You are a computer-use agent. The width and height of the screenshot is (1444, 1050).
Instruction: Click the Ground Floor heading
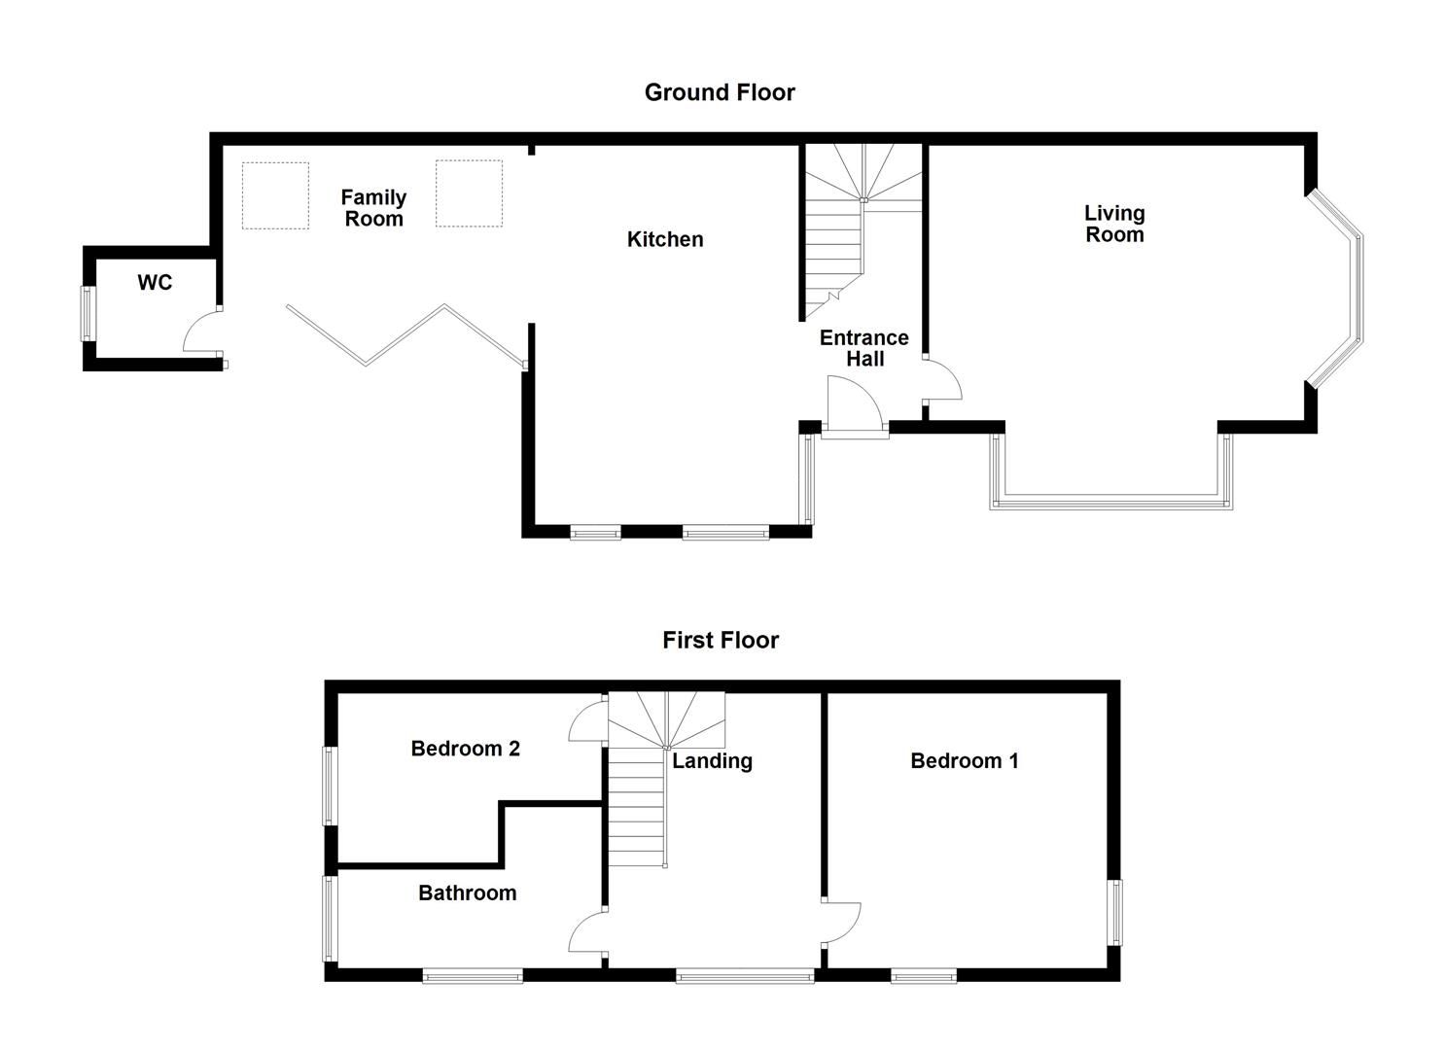point(720,92)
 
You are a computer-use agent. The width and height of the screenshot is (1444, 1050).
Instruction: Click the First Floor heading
point(721,640)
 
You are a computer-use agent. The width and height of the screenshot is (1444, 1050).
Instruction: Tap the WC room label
point(155,283)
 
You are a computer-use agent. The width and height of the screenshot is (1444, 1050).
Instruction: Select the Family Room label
point(373,208)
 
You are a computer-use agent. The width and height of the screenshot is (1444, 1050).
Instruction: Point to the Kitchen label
point(665,239)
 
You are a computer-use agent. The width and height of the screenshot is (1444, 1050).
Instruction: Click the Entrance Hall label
point(863,348)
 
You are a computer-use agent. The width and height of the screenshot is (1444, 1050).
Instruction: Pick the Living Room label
point(1114,224)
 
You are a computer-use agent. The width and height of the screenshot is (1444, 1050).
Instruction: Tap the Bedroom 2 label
point(465,749)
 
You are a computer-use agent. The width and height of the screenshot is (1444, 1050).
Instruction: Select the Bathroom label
point(467,892)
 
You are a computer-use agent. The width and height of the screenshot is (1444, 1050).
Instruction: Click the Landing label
point(712,761)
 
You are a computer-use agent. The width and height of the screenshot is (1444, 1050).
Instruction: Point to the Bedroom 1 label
point(964,761)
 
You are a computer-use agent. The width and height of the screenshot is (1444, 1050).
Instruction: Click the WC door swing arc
point(200,332)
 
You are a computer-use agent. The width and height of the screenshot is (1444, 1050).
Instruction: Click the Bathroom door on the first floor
point(586,933)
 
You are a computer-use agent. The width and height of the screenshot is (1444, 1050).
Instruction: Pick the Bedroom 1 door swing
point(842,923)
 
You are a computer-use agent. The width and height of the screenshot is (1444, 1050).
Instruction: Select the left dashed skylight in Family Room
point(275,195)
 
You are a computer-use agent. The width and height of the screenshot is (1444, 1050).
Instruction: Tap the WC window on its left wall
point(88,313)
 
